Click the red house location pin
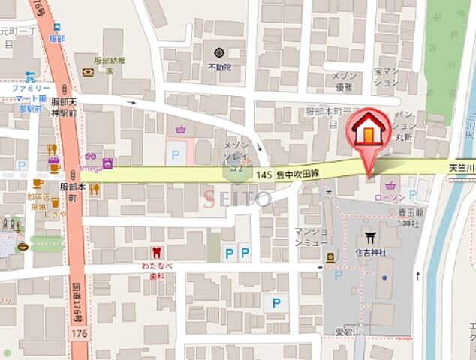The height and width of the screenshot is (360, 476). coord(368,133)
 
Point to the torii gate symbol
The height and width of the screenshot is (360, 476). coord(369,241)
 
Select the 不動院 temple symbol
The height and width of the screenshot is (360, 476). coord(218,53)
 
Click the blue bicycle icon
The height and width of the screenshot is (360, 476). coord(29,76)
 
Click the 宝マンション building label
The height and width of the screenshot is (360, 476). coord(387,76)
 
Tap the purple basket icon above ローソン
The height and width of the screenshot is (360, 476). coord(390,185)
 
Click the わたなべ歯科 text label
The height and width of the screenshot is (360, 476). coord(156,269)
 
